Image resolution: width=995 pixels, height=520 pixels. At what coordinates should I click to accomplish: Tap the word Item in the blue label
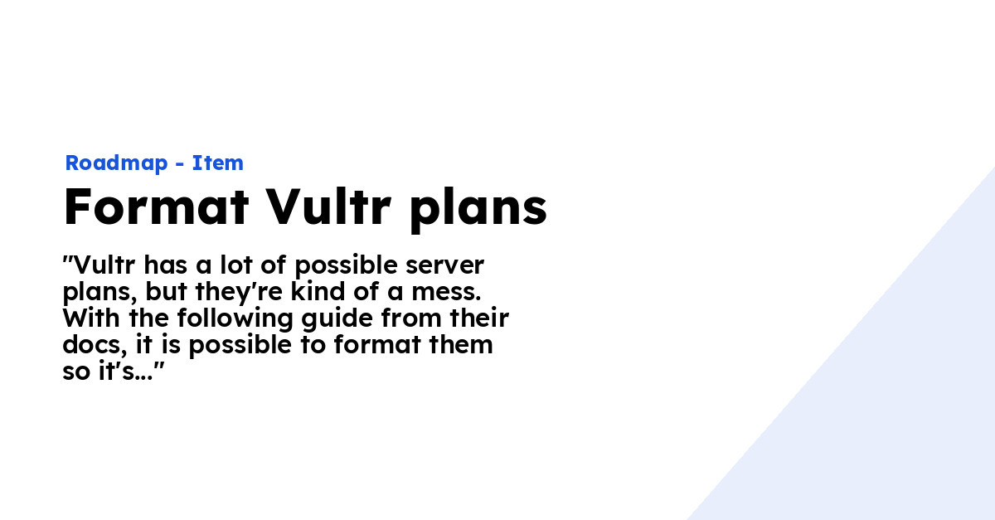pyautogui.click(x=218, y=163)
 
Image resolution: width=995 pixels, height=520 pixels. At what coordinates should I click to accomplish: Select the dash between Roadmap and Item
pyautogui.click(x=179, y=164)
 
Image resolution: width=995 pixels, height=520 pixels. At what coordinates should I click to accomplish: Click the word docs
pyautogui.click(x=91, y=345)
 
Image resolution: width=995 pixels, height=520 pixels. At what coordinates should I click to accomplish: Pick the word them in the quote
pyautogui.click(x=464, y=345)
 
